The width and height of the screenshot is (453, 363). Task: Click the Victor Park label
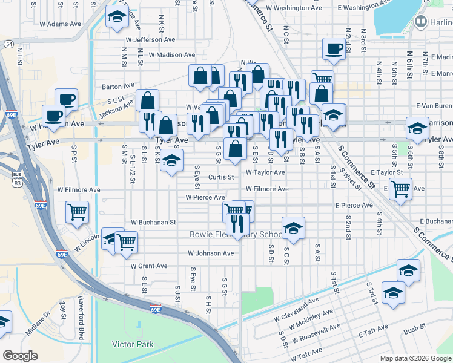pos(133,345)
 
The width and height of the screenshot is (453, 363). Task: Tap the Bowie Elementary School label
pos(236,234)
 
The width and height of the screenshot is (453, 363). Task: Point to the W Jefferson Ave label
pos(150,39)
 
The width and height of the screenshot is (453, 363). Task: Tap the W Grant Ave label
pos(149,266)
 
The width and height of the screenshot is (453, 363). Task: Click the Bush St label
pos(415,330)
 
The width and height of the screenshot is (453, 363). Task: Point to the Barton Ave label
pos(118,87)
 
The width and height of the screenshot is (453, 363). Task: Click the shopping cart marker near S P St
pos(77,212)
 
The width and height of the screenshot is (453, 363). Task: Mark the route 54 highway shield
pos(8,44)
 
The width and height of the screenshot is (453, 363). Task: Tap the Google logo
pos(21,356)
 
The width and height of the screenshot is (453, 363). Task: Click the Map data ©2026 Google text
pos(415,358)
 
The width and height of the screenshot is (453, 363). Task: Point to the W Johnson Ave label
pos(210,253)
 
